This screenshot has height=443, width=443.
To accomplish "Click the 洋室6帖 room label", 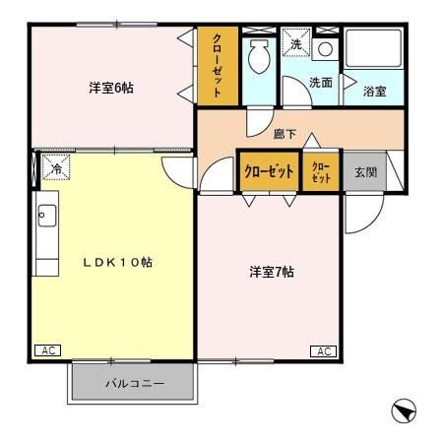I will (110, 88).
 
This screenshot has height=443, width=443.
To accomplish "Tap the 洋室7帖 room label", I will (271, 272).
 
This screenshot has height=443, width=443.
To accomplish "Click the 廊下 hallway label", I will (285, 130).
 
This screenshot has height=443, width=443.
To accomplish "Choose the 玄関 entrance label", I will (365, 169).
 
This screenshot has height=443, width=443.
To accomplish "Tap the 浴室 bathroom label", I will (374, 91).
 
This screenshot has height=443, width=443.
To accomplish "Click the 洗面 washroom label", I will (320, 83).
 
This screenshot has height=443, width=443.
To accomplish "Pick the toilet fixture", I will (260, 56).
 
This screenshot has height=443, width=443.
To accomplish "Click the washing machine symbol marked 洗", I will (296, 44).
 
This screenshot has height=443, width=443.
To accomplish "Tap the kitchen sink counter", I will (46, 236).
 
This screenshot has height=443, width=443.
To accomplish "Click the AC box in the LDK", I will (46, 349).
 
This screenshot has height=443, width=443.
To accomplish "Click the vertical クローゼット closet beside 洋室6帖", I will (218, 65).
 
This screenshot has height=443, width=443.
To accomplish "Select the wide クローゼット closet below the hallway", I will (269, 170).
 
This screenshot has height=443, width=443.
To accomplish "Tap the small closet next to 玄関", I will (321, 170).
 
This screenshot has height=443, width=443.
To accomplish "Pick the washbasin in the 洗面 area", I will (328, 47).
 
